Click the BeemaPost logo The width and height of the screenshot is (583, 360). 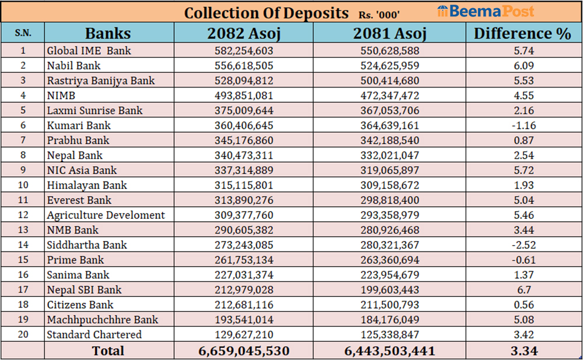coord(485,12)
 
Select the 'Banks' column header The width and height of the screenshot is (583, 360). coord(108,33)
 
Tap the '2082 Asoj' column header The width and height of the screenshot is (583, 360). coord(244,33)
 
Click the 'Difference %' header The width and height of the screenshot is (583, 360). coord(522,33)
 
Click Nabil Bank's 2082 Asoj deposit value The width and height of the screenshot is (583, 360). coord(244,66)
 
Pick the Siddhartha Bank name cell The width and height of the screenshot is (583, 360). coord(87,245)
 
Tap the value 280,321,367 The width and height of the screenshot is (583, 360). coord(389,245)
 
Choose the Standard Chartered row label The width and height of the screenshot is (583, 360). coord(94,335)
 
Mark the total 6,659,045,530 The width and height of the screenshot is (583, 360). coord(244,351)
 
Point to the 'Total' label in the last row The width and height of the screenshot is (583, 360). coord(108,351)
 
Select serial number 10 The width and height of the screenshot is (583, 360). coord(23,186)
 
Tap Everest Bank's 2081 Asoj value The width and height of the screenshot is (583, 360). coord(389,200)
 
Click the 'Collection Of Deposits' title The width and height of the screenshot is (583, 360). coord(266,13)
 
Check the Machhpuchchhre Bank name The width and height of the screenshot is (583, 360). coord(102,320)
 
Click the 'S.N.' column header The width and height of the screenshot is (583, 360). coord(23,34)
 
